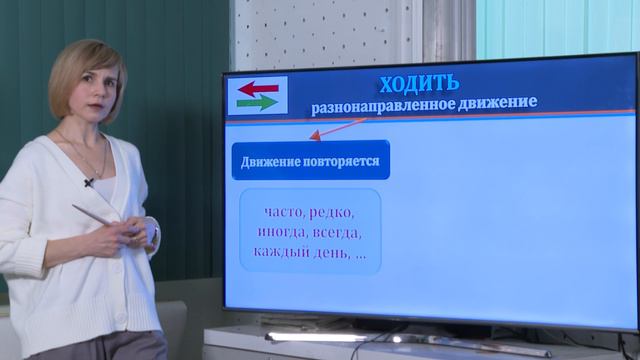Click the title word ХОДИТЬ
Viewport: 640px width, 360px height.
point(419,82)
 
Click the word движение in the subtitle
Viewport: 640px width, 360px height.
point(496,102)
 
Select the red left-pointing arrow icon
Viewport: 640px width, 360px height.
point(258,88)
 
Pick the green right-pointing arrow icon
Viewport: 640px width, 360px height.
point(258,102)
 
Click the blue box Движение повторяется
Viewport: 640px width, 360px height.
point(310,160)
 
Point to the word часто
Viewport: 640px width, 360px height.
point(284,213)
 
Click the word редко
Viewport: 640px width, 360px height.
point(332,213)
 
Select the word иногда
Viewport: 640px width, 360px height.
point(282,232)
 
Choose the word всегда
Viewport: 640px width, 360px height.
point(336,232)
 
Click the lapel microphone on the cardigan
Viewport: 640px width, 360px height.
point(89,182)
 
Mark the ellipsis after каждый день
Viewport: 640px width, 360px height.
point(360,253)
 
